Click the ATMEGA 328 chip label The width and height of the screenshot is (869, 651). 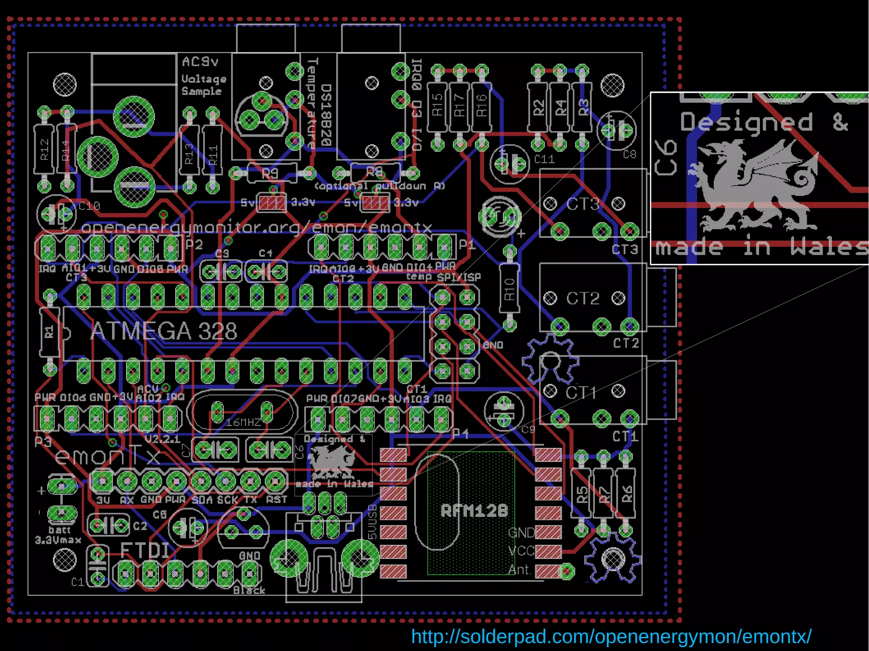(164, 331)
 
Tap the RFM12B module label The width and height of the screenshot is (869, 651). (474, 511)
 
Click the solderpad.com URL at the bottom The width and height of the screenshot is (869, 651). (611, 637)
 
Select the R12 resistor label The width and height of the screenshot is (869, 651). (45, 150)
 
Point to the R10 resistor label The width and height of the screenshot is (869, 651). (510, 289)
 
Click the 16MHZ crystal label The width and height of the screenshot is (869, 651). (244, 422)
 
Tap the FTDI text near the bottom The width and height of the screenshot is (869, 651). (145, 550)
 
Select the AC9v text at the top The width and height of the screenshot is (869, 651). (200, 62)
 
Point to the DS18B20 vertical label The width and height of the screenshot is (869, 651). (326, 115)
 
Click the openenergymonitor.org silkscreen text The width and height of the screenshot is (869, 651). (256, 228)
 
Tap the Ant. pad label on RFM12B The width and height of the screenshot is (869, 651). (520, 570)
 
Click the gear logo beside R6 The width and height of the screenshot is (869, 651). (612, 559)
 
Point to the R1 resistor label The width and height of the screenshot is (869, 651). (50, 332)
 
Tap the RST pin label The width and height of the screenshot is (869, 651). (277, 500)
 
